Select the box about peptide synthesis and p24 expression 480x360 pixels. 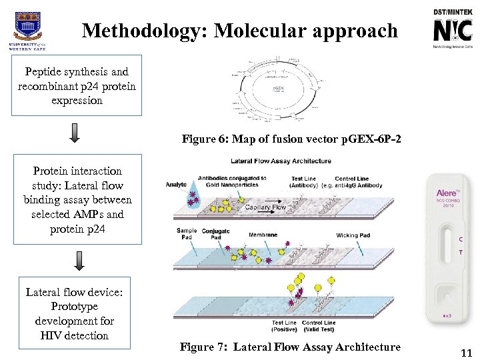77,86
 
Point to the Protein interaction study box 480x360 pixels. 77,200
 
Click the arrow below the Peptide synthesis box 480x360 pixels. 75,133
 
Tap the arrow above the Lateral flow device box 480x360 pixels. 79,261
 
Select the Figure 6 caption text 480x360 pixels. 292,140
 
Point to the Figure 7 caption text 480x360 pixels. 290,347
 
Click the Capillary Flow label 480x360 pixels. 265,207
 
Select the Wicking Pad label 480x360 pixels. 353,235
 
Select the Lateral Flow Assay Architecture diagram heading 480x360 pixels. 281,161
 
